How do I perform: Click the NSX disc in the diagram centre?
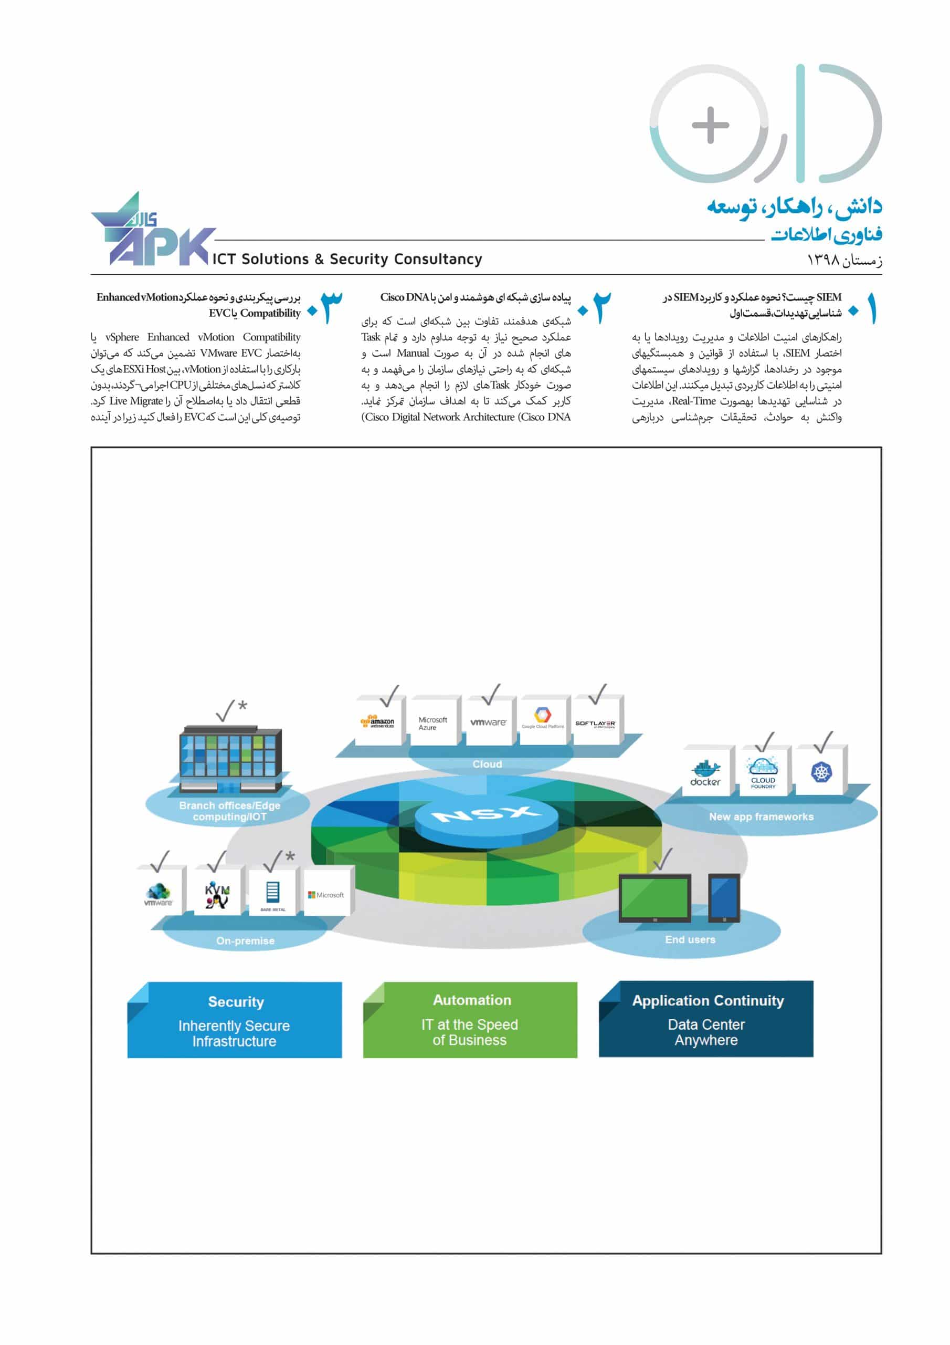tap(487, 815)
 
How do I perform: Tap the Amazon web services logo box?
tap(377, 722)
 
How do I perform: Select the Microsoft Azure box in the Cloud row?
tap(432, 723)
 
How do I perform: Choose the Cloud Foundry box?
tap(763, 772)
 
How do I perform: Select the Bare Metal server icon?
tap(273, 893)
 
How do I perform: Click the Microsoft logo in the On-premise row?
tap(326, 895)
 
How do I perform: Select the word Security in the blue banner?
tap(236, 1002)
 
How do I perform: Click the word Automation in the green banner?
tap(472, 1000)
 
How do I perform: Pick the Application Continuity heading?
tap(708, 1000)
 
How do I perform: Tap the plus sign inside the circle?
tap(710, 125)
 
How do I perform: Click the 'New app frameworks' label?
tap(761, 816)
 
